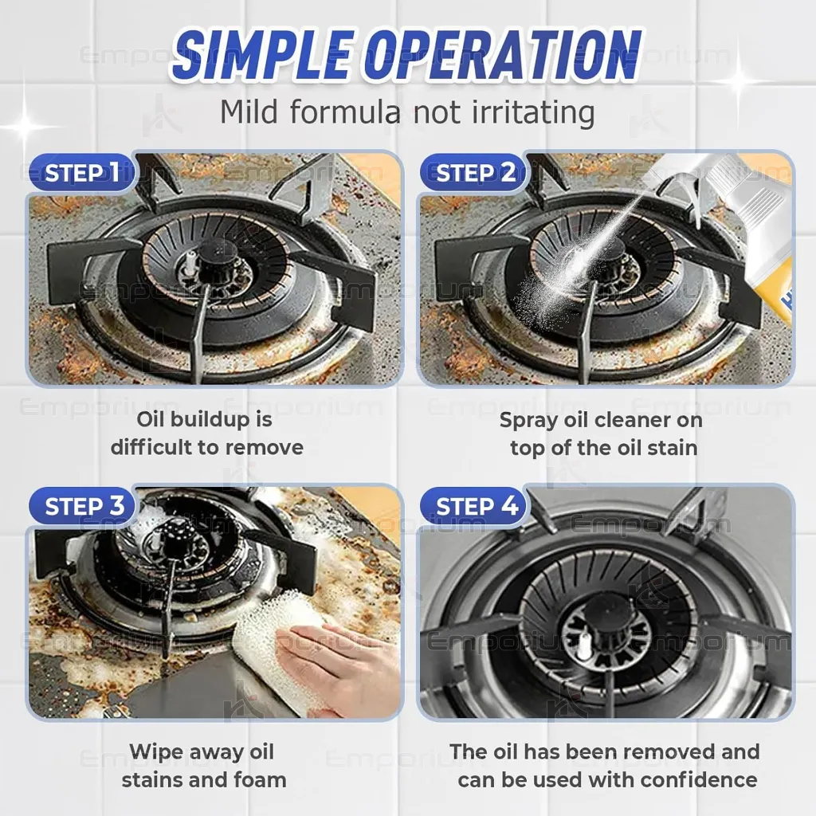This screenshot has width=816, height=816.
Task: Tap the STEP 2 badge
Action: [473, 172]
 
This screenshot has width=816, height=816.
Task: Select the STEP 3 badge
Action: [83, 506]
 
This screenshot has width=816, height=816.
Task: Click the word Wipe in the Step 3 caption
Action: [159, 752]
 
